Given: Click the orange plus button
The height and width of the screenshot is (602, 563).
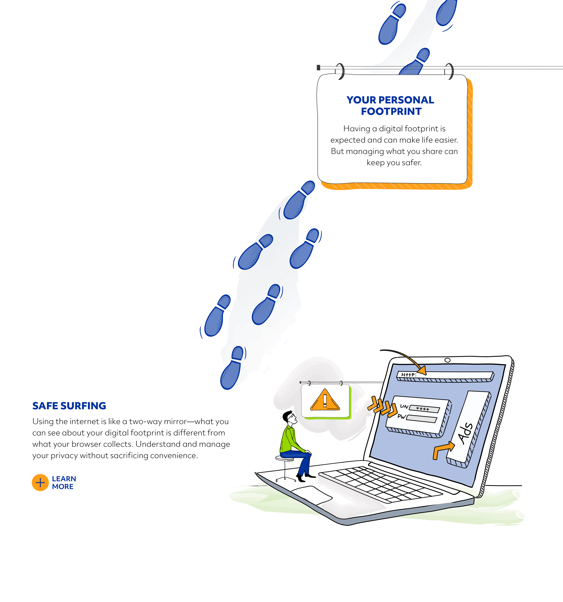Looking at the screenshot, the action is tap(40, 482).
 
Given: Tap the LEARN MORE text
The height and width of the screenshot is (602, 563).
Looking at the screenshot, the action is tap(64, 482).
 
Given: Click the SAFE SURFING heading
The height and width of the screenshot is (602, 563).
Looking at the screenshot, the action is tap(69, 406).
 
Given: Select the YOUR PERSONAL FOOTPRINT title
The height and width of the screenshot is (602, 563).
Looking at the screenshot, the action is tap(390, 105).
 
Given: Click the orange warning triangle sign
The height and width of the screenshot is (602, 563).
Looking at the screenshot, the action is tap(325, 400).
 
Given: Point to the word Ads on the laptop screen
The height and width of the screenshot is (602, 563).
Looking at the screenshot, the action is tap(466, 433).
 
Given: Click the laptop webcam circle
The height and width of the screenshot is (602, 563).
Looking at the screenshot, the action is tap(447, 360).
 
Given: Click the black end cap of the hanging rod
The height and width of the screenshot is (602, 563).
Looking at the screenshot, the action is tap(318, 67).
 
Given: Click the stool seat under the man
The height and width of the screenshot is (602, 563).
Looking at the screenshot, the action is tap(284, 458).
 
